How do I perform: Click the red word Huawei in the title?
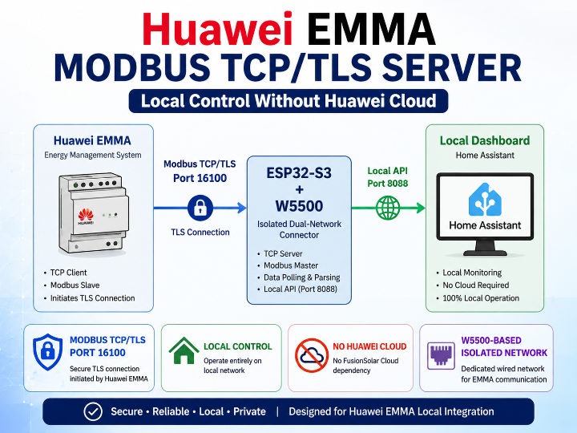[x=217, y=29]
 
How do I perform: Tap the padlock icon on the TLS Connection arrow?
[x=200, y=208]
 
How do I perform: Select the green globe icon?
[x=388, y=208]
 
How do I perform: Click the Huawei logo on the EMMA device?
[x=86, y=216]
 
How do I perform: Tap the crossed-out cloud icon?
[x=312, y=355]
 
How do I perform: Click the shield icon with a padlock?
[x=47, y=352]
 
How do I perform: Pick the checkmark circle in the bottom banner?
[x=93, y=411]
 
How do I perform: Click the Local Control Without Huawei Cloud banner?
[x=288, y=101]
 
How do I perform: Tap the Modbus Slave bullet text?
[x=75, y=285]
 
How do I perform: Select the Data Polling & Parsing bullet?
[x=302, y=277]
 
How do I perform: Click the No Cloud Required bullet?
[x=476, y=285]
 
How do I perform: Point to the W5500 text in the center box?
[x=299, y=206]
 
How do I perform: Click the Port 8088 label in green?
[x=388, y=184]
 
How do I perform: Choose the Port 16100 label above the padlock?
[x=200, y=178]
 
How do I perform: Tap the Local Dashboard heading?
[x=485, y=140]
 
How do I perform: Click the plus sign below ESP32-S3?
[x=299, y=189]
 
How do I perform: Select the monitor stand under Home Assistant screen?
[x=485, y=248]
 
